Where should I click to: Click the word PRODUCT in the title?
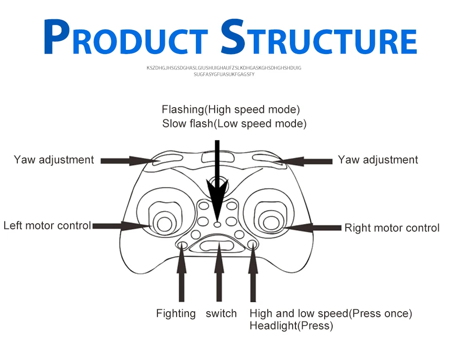tap(126, 37)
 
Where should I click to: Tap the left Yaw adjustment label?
tap(54, 160)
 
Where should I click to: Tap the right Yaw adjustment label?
tap(378, 160)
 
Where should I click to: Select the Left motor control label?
tap(47, 226)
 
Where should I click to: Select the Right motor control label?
tap(392, 228)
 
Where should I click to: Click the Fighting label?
tap(176, 313)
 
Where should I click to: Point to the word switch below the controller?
tap(221, 313)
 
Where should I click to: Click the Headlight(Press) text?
tap(291, 326)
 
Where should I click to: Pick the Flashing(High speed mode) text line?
tap(231, 110)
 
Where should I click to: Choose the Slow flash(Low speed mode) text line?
tap(234, 124)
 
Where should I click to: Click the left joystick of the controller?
tap(164, 224)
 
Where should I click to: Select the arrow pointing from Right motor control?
tap(312, 228)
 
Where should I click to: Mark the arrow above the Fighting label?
tap(181, 273)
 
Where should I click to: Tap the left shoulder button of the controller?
tap(168, 160)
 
